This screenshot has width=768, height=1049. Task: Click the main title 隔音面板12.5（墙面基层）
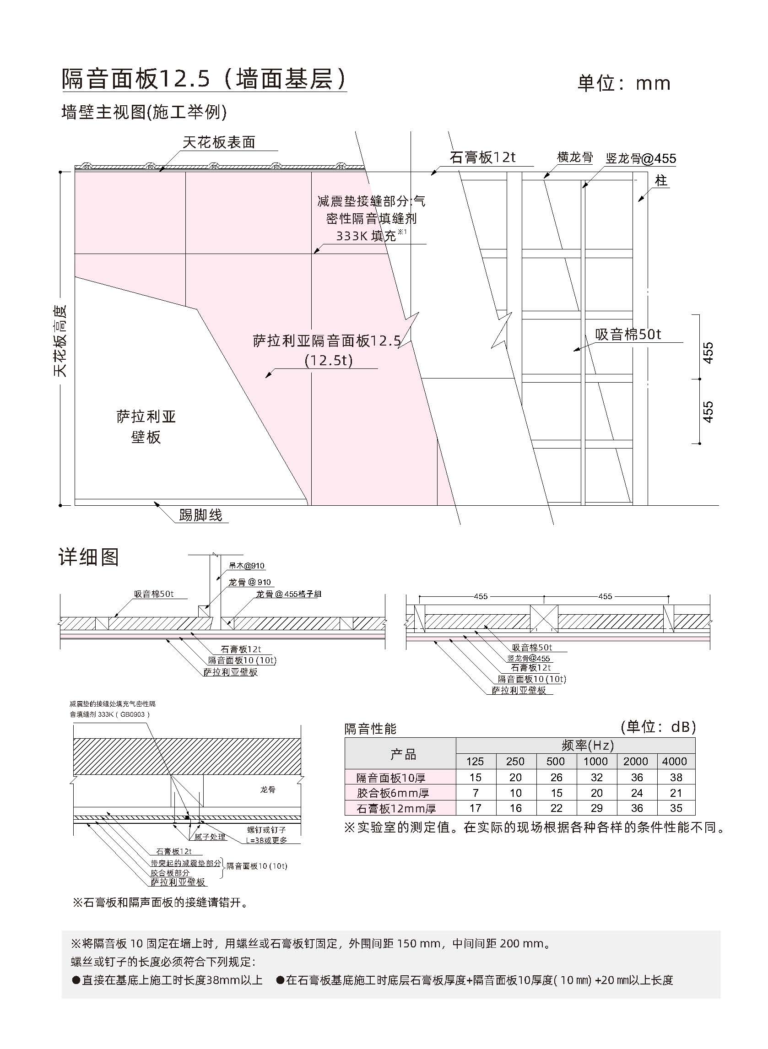click(x=205, y=79)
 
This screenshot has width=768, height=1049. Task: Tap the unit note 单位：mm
click(x=624, y=83)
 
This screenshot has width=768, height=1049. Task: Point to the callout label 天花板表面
click(x=219, y=142)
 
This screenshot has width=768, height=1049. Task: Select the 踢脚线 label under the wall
click(x=201, y=515)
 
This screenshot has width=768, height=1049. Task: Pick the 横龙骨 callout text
click(x=575, y=157)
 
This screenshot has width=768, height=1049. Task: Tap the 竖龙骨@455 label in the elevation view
click(x=641, y=158)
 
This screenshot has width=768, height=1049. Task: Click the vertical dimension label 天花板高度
click(x=60, y=341)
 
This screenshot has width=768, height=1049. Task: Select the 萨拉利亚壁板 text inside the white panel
click(x=146, y=427)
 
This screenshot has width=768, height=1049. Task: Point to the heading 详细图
click(x=89, y=557)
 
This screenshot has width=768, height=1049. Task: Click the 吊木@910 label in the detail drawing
click(x=246, y=566)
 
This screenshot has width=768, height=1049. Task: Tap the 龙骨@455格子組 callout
click(x=288, y=594)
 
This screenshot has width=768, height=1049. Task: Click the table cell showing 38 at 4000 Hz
click(x=676, y=777)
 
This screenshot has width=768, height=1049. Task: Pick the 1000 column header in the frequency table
click(x=595, y=761)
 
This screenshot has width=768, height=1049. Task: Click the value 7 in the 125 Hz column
click(x=476, y=793)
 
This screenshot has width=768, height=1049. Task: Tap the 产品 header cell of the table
click(x=403, y=754)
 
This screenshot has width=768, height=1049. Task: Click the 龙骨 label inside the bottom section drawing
click(x=268, y=789)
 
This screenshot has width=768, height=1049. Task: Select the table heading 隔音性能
click(x=371, y=728)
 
